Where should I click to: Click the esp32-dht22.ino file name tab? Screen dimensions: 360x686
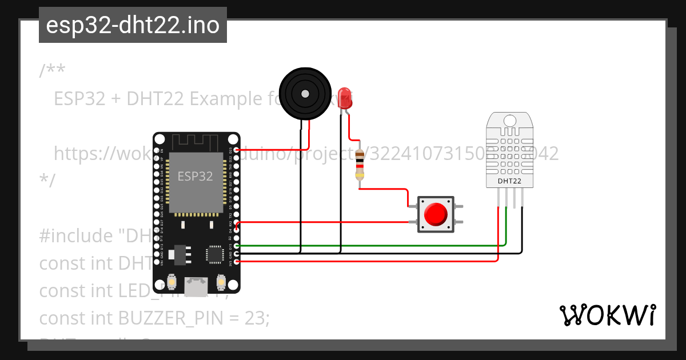click(133, 25)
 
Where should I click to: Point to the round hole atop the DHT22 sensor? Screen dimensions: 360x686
click(509, 121)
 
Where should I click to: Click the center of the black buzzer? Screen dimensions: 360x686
click(305, 93)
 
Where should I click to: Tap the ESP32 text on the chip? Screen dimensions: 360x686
click(195, 176)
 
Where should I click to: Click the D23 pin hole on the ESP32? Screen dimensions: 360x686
click(237, 150)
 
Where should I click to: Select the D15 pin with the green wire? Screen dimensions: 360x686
click(237, 246)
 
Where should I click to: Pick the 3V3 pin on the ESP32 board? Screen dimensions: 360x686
click(237, 261)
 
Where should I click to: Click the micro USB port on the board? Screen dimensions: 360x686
click(197, 285)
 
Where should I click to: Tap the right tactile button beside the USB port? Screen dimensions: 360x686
click(221, 282)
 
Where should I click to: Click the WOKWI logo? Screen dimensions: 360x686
click(607, 315)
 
